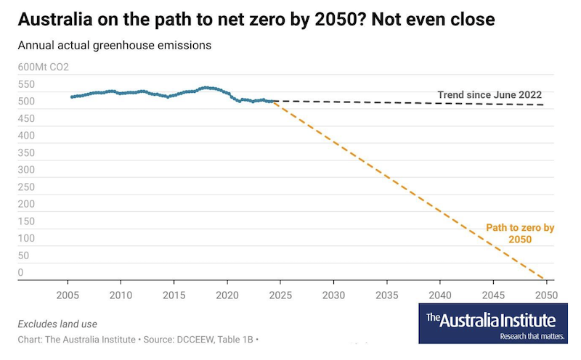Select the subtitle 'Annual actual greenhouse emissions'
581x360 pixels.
(x=114, y=46)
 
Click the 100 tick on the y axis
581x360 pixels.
(x=27, y=238)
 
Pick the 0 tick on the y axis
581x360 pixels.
(x=21, y=273)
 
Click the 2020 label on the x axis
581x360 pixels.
(x=227, y=296)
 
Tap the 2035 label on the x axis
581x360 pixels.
(x=386, y=296)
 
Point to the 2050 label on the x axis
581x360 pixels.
(x=545, y=296)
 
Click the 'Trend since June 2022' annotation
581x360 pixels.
(x=489, y=95)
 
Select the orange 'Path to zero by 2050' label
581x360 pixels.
(x=519, y=234)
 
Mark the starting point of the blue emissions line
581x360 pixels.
(x=70, y=97)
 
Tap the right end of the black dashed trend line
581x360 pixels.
(x=545, y=105)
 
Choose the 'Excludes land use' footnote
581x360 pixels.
(x=57, y=324)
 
